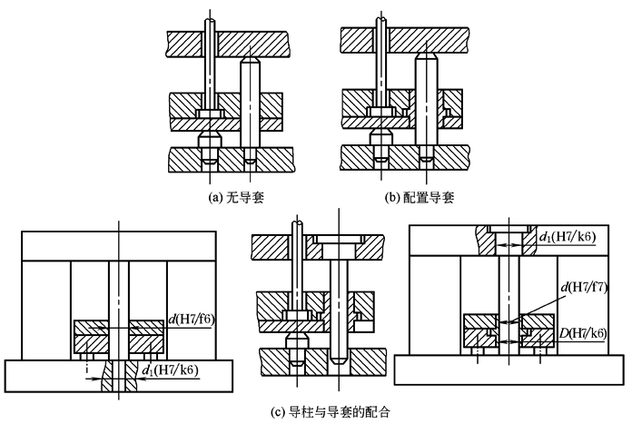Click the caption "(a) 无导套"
[230, 195]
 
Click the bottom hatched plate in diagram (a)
[272, 159]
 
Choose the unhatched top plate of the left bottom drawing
[118, 245]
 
